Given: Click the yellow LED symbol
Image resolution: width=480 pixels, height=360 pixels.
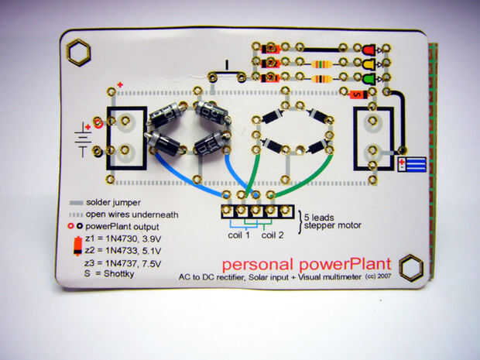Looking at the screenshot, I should tap(369, 63).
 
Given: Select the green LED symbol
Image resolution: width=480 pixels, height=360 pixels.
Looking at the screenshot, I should tap(369, 77).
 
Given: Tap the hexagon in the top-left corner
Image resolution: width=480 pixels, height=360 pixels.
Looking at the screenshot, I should tap(79, 53).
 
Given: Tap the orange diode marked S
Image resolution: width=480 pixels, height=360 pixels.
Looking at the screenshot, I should tap(357, 94).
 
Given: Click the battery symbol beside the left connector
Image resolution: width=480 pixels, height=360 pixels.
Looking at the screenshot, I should tap(82, 139).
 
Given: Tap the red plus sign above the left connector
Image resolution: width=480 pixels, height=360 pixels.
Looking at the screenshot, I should tap(120, 84).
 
